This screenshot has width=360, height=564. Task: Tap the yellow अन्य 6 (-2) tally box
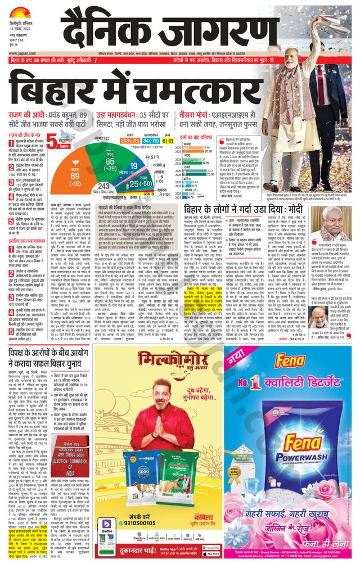click(168, 139)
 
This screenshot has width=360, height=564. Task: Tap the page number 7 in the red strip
click(96, 60)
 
